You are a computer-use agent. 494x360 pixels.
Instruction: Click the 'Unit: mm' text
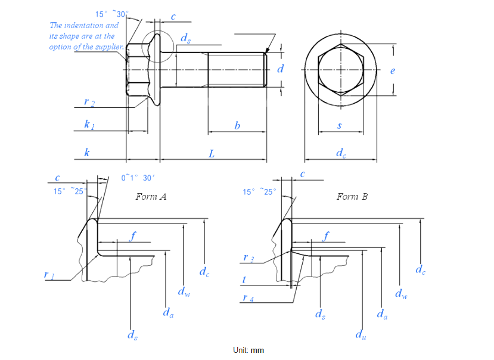point(248,350)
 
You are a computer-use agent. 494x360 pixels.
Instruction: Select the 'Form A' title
point(151,196)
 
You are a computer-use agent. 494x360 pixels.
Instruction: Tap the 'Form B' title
point(352,196)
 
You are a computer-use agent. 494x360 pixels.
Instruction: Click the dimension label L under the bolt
point(212,154)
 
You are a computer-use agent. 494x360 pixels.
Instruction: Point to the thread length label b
point(237,125)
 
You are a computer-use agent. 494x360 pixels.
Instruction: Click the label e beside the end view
point(392,71)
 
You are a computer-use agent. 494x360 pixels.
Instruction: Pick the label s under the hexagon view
point(340,125)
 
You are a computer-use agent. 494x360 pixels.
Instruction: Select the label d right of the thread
point(280,70)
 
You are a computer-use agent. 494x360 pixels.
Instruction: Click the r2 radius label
point(89,103)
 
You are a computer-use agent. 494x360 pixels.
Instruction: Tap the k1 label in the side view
point(89,125)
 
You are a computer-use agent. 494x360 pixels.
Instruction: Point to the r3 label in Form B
point(248,258)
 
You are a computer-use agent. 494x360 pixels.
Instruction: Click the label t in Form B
point(244,279)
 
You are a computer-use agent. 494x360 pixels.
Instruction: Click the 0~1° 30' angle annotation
point(138,178)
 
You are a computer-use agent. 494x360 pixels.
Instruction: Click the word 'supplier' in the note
point(110,46)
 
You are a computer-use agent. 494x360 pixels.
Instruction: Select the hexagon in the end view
point(340,69)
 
